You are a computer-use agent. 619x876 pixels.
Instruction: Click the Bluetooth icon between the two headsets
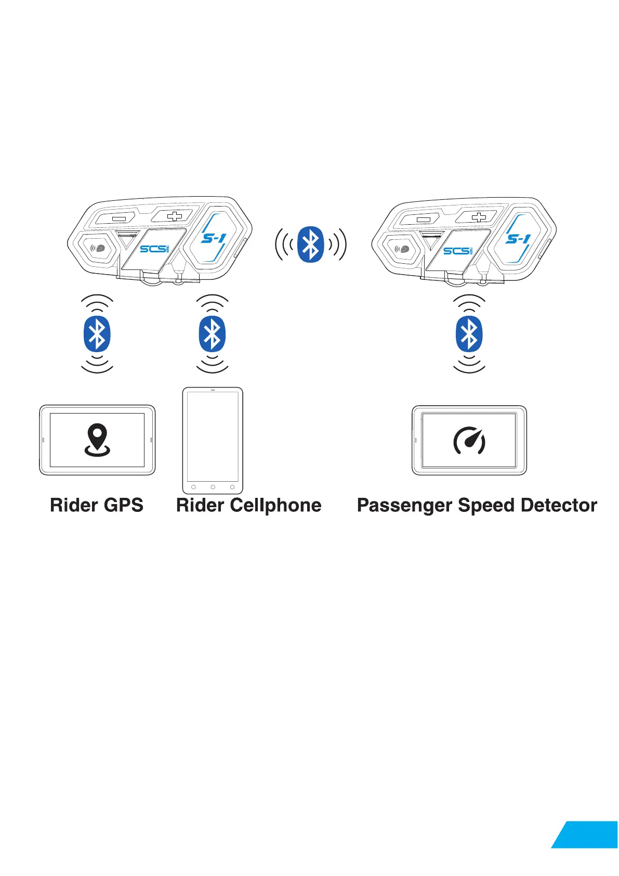click(310, 244)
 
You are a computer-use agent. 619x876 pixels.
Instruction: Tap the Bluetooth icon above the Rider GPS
click(97, 334)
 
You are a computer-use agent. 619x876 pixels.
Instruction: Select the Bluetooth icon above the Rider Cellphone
click(212, 334)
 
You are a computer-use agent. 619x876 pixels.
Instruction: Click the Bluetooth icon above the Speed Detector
click(469, 334)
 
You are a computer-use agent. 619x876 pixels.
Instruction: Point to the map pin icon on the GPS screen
click(97, 440)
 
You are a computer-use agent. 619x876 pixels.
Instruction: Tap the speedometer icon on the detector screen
click(469, 441)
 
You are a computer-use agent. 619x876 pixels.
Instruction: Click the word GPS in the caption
click(123, 505)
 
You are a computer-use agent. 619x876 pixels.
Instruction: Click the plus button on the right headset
click(479, 216)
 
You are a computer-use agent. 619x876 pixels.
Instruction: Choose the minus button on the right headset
click(424, 220)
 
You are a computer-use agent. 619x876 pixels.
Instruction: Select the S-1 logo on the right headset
click(518, 238)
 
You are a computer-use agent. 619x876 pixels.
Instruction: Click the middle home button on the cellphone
click(213, 487)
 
